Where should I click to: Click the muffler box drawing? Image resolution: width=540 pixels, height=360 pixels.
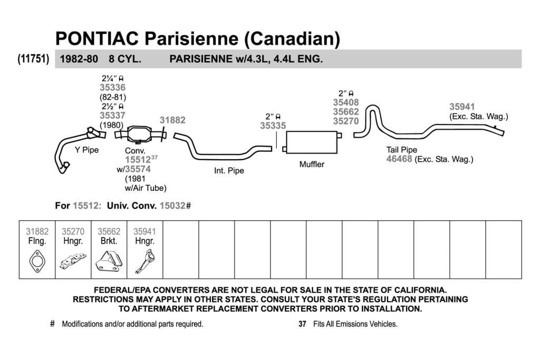click(x=312, y=142)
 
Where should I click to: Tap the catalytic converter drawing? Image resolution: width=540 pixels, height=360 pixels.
click(x=139, y=134)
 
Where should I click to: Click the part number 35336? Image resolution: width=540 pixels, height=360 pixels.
click(x=113, y=87)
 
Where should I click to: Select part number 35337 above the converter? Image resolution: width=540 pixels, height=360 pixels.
click(x=113, y=115)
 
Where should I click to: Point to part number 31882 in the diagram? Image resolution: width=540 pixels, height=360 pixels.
click(x=172, y=120)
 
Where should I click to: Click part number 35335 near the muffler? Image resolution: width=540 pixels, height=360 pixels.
click(x=273, y=125)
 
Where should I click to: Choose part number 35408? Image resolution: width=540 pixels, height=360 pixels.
click(x=346, y=102)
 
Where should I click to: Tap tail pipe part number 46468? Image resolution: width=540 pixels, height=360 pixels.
click(x=399, y=159)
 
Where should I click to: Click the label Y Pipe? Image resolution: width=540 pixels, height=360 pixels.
click(x=87, y=150)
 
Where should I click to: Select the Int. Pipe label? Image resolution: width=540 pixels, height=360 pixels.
click(x=229, y=171)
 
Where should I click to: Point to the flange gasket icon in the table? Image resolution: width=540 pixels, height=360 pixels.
click(x=37, y=261)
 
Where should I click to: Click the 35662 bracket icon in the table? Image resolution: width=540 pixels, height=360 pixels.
click(x=109, y=261)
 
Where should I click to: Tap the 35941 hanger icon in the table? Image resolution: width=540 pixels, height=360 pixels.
click(x=145, y=261)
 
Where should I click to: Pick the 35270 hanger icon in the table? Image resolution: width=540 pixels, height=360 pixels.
click(x=73, y=261)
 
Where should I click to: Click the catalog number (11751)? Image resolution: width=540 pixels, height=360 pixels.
click(x=33, y=59)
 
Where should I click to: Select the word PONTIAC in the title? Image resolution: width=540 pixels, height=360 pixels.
click(x=97, y=38)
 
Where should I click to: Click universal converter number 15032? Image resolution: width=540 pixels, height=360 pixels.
click(x=172, y=206)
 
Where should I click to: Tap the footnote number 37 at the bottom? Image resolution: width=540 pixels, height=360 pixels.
click(x=302, y=324)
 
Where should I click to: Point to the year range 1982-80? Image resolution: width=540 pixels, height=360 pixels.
click(x=79, y=59)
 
